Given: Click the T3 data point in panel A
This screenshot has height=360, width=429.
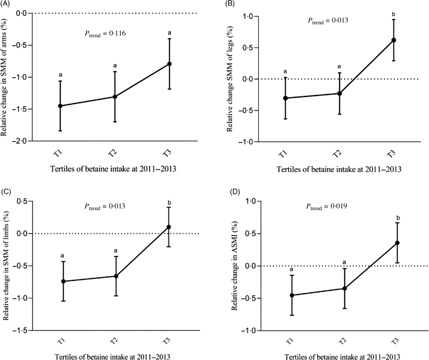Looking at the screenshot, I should [170, 64].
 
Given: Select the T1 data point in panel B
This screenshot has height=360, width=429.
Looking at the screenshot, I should [285, 98].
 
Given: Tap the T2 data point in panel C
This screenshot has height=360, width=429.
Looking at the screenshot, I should [116, 276].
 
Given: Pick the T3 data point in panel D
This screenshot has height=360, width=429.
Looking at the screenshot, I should [397, 243].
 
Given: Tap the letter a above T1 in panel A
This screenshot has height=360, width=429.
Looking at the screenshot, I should [61, 75].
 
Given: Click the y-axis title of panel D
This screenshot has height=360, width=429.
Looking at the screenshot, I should [234, 266].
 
